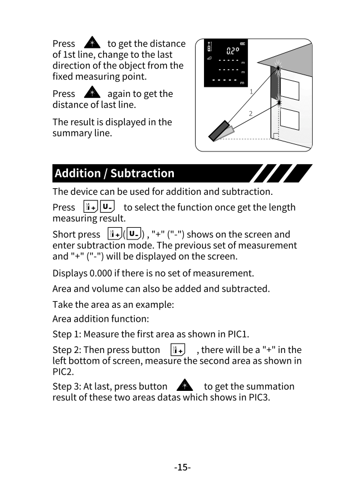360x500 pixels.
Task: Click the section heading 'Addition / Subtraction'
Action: coord(114,173)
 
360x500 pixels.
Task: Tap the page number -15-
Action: coord(182,467)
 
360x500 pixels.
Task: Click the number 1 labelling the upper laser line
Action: coord(251,91)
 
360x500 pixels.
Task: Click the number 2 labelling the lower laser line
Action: coord(250,114)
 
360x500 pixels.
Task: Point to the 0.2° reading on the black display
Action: coord(232,51)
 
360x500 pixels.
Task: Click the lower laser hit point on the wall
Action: coord(278,102)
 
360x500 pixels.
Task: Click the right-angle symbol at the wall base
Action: coord(275,136)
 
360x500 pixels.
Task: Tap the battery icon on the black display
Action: coord(242,43)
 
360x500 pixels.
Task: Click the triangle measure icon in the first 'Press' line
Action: coord(91,43)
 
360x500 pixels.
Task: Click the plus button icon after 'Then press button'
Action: coord(178,350)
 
